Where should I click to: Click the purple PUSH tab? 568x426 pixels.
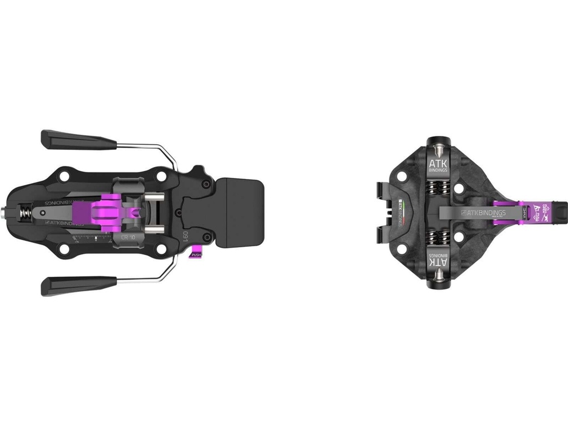click(196, 255)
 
